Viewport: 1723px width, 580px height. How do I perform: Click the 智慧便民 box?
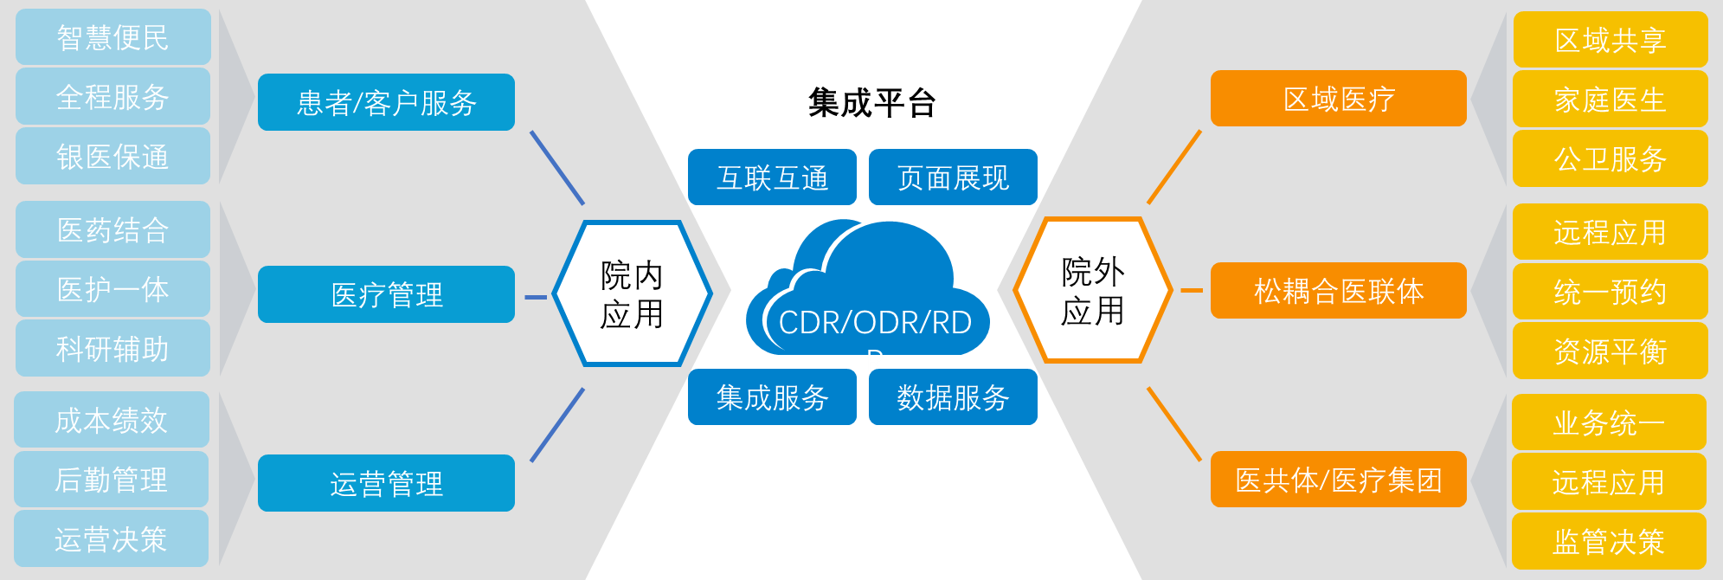click(x=113, y=37)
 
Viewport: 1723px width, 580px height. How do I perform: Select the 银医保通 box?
click(x=113, y=157)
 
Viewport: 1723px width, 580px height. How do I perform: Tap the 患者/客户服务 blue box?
click(x=386, y=102)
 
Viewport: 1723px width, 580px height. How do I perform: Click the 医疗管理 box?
click(x=386, y=294)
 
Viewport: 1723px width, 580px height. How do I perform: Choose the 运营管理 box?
click(x=386, y=483)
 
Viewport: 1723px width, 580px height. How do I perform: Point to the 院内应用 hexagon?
click(x=632, y=294)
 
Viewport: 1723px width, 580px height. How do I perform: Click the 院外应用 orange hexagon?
click(x=1092, y=291)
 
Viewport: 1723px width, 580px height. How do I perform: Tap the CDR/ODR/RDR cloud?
click(x=870, y=294)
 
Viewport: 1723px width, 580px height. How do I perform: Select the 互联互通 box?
click(x=772, y=177)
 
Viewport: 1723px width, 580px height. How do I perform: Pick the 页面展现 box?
click(x=953, y=177)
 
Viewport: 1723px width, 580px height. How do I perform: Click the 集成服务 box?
click(x=772, y=397)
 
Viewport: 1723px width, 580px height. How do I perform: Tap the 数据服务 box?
click(x=953, y=397)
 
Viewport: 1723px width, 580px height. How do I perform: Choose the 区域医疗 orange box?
click(x=1338, y=99)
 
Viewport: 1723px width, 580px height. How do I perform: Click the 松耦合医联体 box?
click(x=1338, y=291)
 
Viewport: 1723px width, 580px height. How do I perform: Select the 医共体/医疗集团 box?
click(x=1338, y=480)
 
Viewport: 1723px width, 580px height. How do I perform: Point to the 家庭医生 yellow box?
click(x=1610, y=100)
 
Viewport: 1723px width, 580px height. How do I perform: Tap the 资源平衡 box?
click(x=1610, y=351)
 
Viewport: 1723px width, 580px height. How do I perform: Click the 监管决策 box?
click(x=1608, y=542)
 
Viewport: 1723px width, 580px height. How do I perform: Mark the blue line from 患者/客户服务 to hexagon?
click(x=557, y=168)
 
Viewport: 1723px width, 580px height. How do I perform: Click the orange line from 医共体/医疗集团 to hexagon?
click(x=1174, y=424)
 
